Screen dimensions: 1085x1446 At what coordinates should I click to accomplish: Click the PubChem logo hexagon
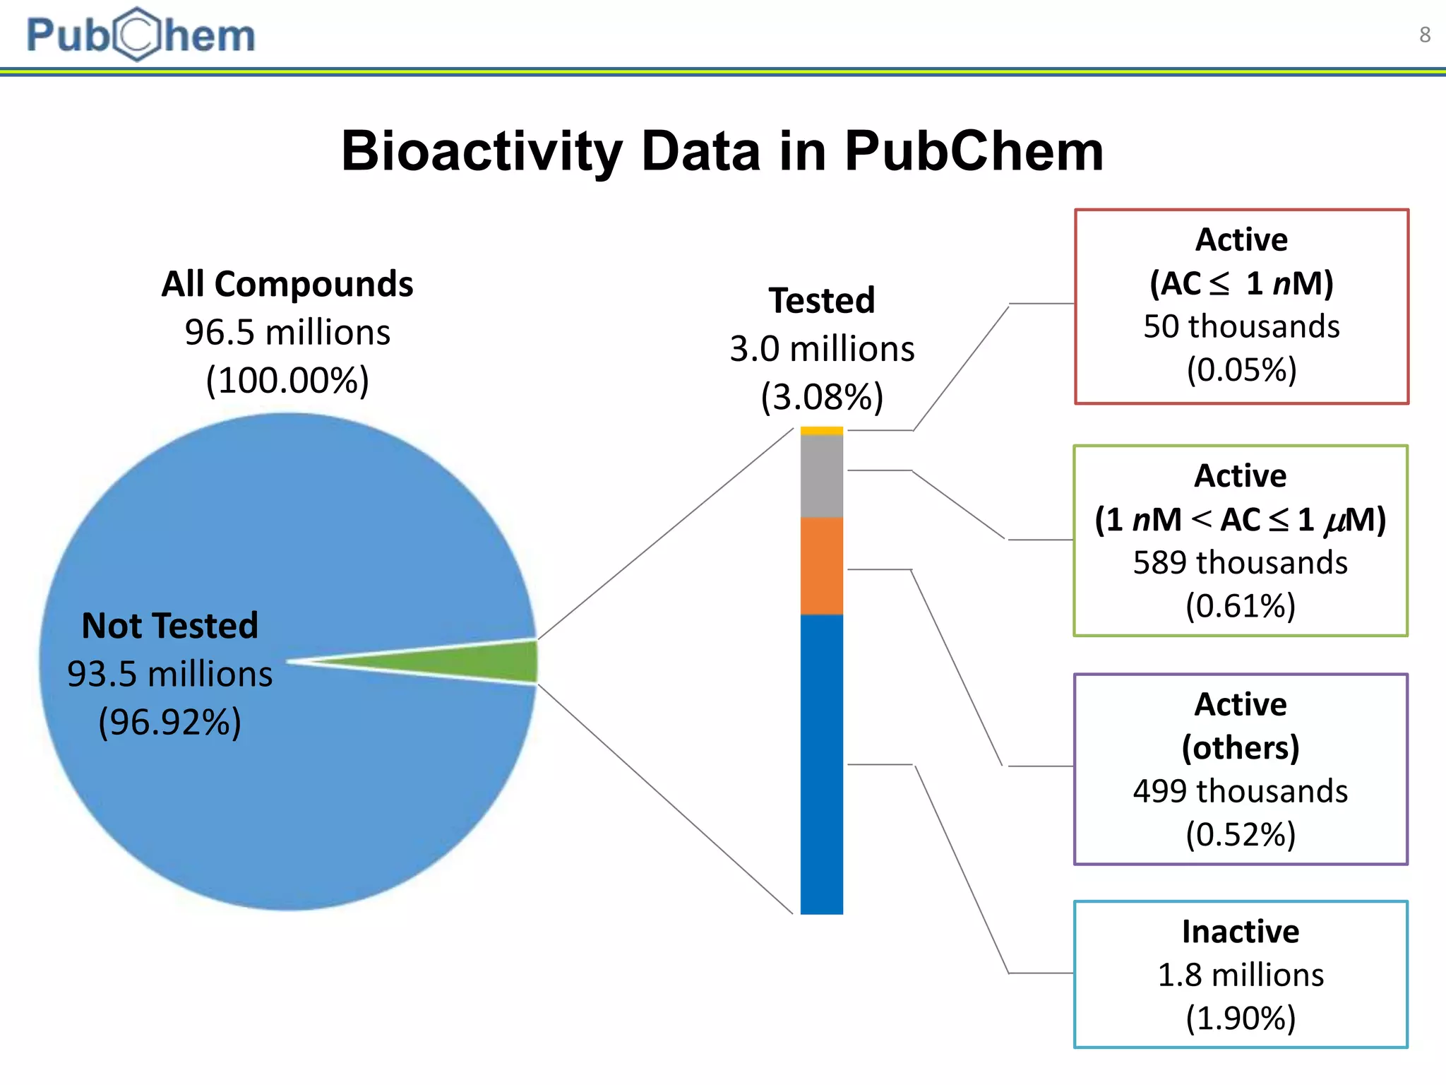pos(138,35)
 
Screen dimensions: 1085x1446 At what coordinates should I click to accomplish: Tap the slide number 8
pos(1425,35)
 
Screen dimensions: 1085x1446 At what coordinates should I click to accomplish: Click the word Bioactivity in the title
pos(481,151)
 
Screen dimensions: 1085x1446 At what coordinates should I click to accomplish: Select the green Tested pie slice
pos(494,662)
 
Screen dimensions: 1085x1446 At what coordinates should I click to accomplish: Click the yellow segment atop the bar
pos(821,430)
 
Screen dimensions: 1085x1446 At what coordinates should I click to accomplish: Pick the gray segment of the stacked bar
pos(821,475)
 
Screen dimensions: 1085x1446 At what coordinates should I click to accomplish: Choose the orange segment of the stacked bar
pos(821,566)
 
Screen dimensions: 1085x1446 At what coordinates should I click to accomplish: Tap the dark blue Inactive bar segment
pos(821,764)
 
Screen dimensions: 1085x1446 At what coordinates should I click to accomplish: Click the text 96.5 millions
pos(287,332)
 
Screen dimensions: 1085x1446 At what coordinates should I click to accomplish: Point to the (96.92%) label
pos(169,722)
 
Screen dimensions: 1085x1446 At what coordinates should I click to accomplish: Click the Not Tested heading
pos(169,626)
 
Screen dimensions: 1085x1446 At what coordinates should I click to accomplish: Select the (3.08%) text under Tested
pos(822,397)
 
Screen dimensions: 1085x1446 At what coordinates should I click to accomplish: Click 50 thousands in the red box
pos(1241,326)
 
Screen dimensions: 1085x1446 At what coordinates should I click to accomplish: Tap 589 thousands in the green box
pos(1240,563)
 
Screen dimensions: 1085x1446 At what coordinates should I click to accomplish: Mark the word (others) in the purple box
pos(1241,747)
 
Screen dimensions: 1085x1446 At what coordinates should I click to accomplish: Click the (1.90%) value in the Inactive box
pos(1241,1018)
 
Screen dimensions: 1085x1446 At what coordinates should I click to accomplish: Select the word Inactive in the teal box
pos(1241,932)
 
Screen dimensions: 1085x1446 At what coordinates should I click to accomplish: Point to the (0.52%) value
pos(1241,834)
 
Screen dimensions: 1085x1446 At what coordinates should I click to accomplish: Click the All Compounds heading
pos(287,284)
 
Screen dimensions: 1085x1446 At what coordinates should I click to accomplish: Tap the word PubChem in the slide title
pos(974,151)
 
